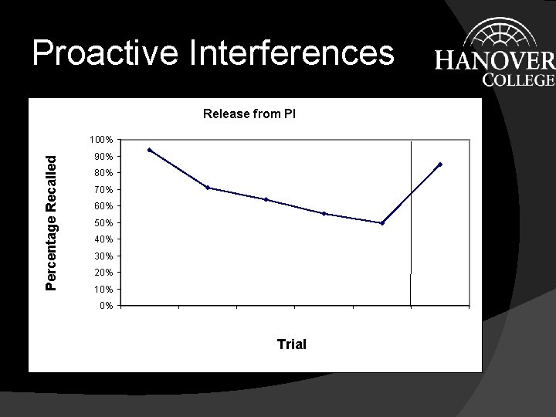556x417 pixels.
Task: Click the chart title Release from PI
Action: [249, 114]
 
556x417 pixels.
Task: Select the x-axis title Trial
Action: [291, 344]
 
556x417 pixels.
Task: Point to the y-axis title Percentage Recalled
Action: [52, 223]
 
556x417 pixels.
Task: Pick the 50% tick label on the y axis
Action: [103, 223]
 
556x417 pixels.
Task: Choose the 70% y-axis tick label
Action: [103, 190]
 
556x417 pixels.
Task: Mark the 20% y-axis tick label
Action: [103, 273]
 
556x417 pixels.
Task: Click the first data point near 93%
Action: [149, 150]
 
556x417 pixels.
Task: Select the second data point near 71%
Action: [208, 188]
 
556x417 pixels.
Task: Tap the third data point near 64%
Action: [266, 199]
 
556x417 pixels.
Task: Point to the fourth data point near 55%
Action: [324, 213]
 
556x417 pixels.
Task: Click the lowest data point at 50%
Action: [382, 223]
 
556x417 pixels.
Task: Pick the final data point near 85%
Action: [440, 164]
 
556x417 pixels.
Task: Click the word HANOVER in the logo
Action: [494, 61]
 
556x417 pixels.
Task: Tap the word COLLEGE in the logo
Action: [518, 80]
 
